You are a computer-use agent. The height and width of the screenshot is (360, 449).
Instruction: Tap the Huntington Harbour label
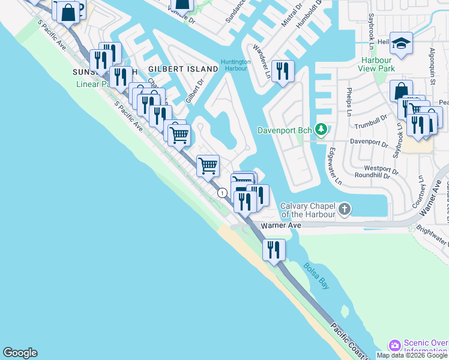tap(235, 65)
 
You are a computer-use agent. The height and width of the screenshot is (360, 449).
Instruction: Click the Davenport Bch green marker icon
tap(322, 130)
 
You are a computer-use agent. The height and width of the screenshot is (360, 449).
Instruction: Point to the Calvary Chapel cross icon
tap(344, 209)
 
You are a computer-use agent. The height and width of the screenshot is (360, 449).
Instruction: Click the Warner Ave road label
tap(280, 226)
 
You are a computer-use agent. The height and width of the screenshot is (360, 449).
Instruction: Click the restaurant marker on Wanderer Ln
tap(281, 71)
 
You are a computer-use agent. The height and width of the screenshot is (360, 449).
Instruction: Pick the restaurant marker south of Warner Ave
tap(274, 249)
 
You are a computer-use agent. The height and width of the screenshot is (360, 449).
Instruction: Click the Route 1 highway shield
tap(223, 193)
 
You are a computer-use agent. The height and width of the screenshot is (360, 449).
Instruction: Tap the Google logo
tap(20, 353)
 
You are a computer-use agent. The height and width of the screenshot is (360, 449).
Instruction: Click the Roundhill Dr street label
tap(376, 176)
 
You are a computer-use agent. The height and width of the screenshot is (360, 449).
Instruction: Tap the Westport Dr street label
tap(381, 169)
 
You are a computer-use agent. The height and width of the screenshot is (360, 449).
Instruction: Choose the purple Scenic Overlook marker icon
tap(394, 346)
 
